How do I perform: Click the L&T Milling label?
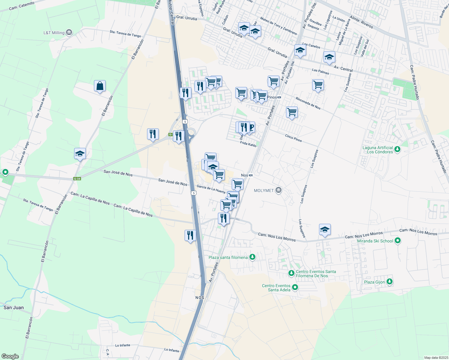pos(54,33)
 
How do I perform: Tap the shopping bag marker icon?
pos(100,86)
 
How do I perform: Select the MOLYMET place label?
pos(264,190)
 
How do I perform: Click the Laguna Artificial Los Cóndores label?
pos(378,150)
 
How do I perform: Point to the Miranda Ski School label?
pos(375,241)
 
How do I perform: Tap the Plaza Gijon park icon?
pos(390,281)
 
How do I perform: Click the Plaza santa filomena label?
pos(228,257)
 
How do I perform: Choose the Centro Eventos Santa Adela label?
pos(276,288)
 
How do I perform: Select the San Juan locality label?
pos(14,307)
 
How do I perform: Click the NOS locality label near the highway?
pos(200,298)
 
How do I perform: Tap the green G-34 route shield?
pos(77,179)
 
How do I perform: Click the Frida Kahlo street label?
pos(248,144)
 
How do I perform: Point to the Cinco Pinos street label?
pos(293,138)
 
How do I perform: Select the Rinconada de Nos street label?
pos(308,103)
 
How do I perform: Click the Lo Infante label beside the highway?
pos(172,350)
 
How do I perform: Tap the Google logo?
pos(10,356)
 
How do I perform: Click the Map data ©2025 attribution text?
pos(436,358)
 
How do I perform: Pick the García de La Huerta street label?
pos(211,189)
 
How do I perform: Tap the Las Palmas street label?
pos(320,71)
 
